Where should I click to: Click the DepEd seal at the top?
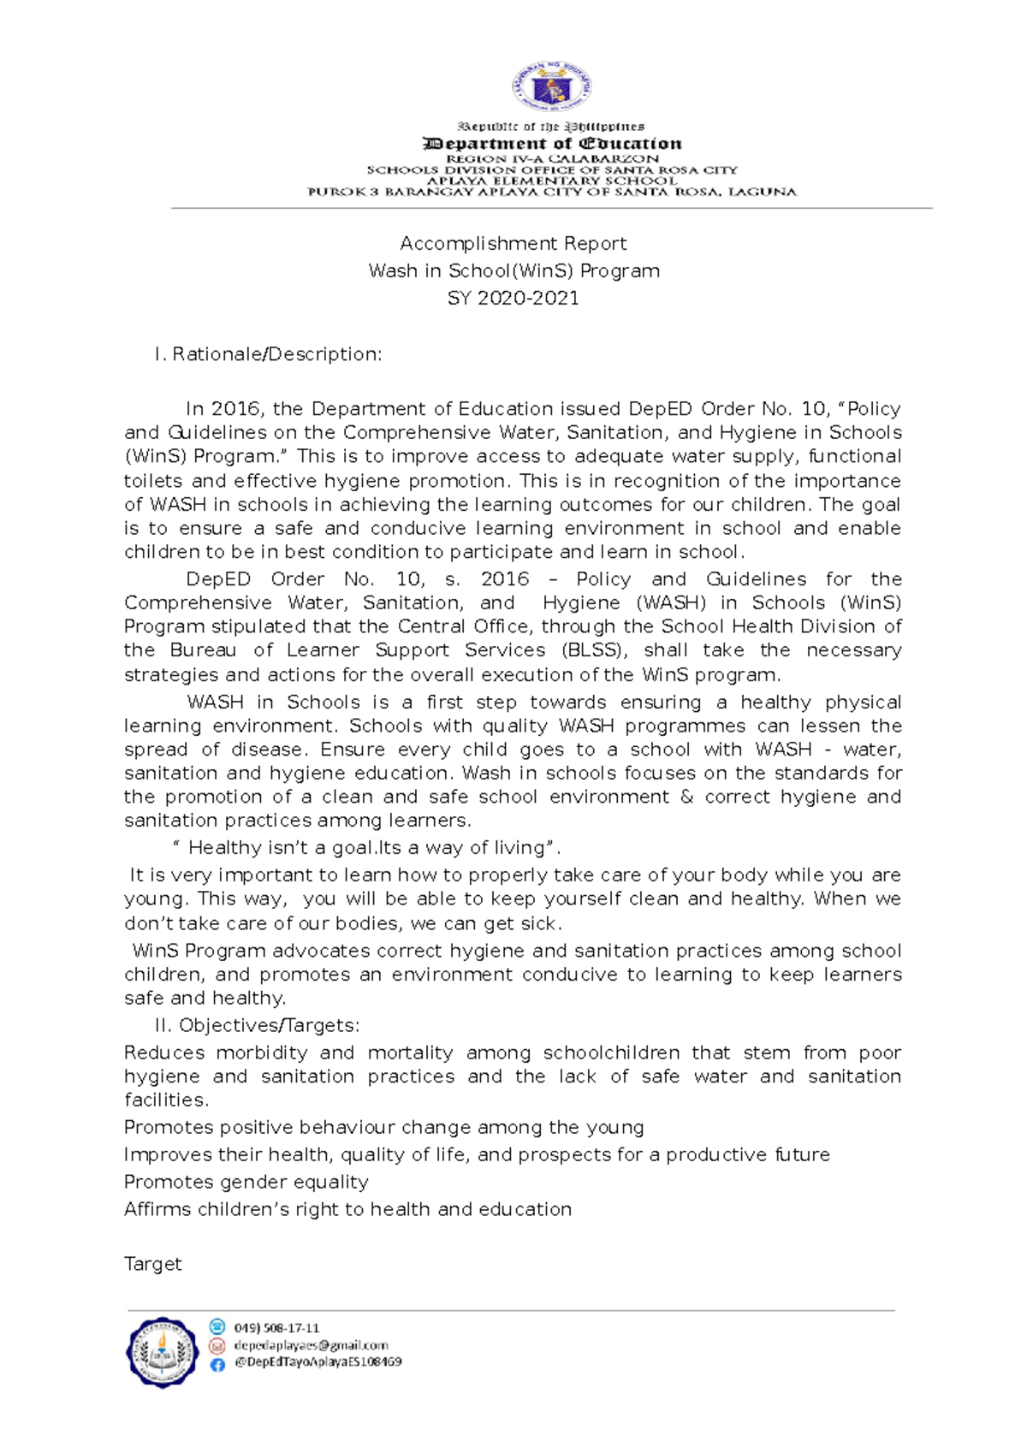coord(551,87)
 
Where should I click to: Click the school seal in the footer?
coord(162,1352)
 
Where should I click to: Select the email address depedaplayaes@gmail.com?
coord(311,1345)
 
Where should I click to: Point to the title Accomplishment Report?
coord(513,244)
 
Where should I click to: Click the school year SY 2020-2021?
coord(513,299)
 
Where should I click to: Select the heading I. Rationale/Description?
coord(268,354)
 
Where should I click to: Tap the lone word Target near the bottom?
coord(152,1264)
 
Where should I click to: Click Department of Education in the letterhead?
coord(552,144)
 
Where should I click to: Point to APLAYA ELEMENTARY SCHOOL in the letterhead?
coord(552,181)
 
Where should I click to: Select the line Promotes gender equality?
coord(246,1182)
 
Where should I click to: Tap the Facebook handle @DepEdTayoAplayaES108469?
coord(318,1362)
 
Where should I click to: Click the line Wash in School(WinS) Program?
coord(513,271)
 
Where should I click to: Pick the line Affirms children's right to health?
coord(347,1209)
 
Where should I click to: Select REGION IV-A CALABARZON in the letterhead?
coord(552,159)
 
